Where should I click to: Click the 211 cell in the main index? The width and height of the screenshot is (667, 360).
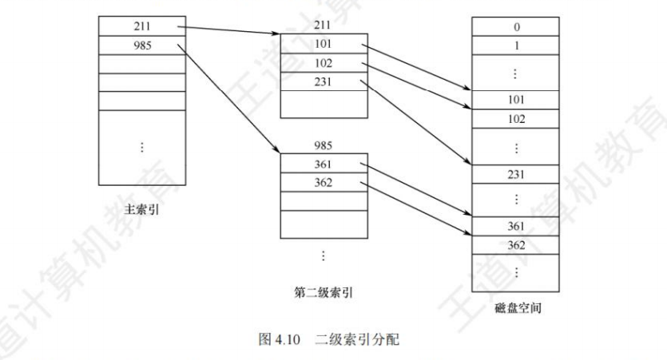pyautogui.click(x=137, y=27)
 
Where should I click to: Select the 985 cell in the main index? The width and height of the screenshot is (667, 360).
pyautogui.click(x=137, y=45)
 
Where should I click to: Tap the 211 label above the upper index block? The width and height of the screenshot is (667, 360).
pyautogui.click(x=323, y=24)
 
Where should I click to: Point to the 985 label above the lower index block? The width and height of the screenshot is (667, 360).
pyautogui.click(x=323, y=146)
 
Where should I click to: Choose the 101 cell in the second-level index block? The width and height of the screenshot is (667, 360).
pyautogui.click(x=323, y=42)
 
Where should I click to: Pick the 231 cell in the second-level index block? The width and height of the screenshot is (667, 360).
pyautogui.click(x=323, y=81)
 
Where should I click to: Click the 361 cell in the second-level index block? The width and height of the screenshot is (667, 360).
pyautogui.click(x=323, y=164)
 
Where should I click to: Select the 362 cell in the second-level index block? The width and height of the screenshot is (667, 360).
pyautogui.click(x=323, y=182)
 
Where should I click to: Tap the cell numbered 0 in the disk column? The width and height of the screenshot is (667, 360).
pyautogui.click(x=516, y=27)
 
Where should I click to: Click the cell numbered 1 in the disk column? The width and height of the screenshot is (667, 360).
pyautogui.click(x=516, y=45)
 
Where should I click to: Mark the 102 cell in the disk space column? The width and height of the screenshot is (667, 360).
pyautogui.click(x=516, y=118)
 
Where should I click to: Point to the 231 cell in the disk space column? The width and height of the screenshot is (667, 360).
pyautogui.click(x=516, y=173)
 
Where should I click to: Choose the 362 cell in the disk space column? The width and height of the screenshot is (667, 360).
pyautogui.click(x=516, y=245)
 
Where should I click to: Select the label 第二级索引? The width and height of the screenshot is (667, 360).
pyautogui.click(x=323, y=292)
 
